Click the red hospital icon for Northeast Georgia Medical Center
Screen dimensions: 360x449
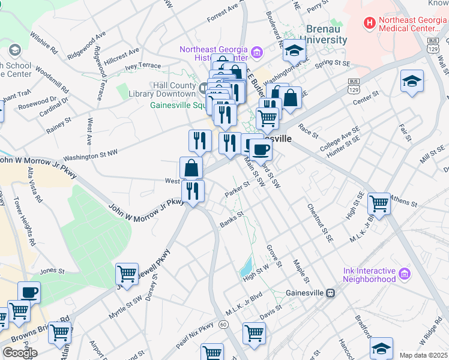[370, 23]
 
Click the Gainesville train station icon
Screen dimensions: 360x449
[330, 293]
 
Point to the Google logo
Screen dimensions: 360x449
[20, 353]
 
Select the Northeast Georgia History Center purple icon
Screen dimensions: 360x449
[257, 53]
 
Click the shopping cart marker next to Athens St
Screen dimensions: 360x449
[379, 204]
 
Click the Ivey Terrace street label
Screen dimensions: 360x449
[143, 65]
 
